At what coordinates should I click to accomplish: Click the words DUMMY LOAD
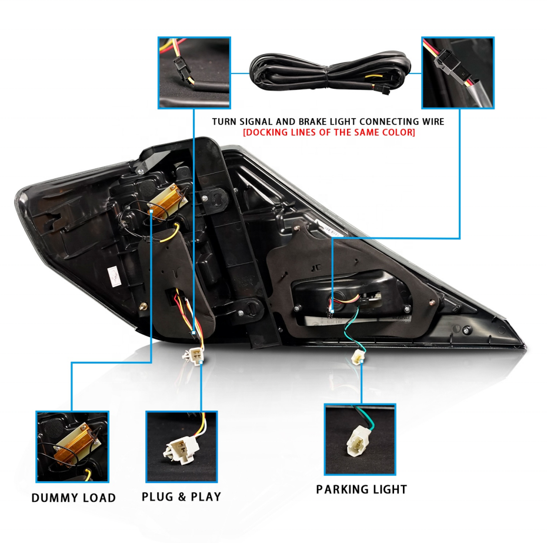(74, 498)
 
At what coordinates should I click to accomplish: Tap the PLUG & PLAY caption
(181, 497)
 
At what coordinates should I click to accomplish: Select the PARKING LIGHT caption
(361, 489)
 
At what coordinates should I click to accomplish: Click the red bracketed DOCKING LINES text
(329, 133)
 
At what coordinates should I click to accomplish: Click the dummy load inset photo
(72, 447)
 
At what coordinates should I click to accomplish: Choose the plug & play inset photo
(181, 447)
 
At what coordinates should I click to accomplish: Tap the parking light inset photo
(360, 439)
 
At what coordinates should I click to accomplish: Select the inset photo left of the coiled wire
(194, 72)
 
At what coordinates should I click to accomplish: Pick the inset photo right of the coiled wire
(458, 72)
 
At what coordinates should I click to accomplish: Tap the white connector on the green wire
(356, 357)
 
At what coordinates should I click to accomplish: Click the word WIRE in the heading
(432, 121)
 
